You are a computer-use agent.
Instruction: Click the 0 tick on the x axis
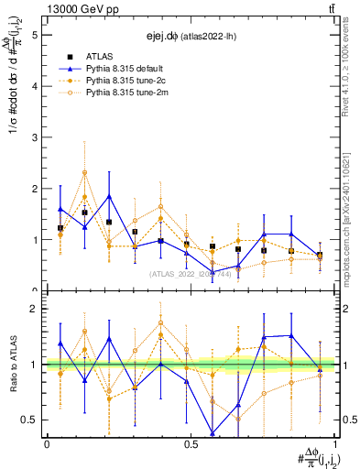pyautogui.click(x=47, y=444)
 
